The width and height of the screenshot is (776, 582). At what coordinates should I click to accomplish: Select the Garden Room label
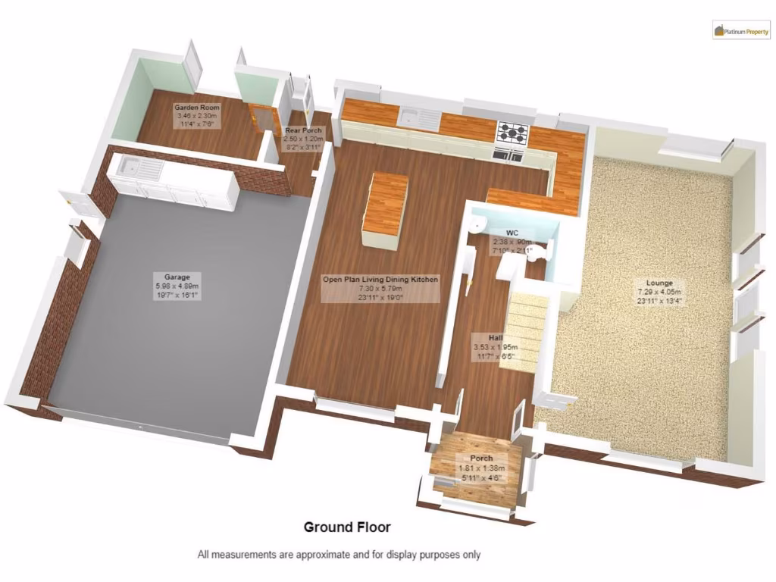196,108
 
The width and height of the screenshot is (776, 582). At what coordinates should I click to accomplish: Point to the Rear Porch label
302,131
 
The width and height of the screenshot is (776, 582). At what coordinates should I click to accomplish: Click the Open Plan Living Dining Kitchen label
380,280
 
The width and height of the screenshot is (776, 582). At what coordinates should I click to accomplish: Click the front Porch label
481,458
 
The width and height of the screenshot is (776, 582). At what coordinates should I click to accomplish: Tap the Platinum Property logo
740,31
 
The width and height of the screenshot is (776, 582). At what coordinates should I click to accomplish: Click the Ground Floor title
347,527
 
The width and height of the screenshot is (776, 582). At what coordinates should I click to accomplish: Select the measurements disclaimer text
339,555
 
